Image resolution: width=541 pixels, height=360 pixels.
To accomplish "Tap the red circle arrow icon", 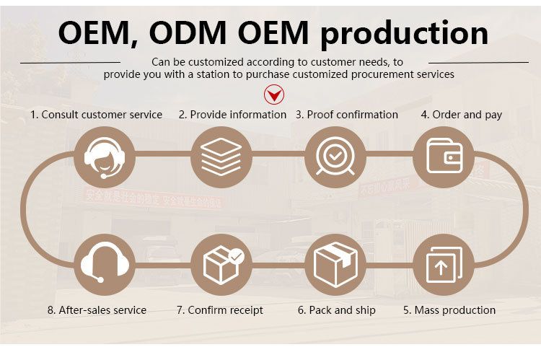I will (273, 94).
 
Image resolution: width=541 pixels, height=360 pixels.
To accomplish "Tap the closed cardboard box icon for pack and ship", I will (333, 263).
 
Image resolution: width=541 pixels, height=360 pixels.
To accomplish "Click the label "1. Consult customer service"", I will (96, 115).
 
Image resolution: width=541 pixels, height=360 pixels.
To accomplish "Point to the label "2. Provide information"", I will (232, 115).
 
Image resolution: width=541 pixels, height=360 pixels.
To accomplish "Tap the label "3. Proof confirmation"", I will (346, 115).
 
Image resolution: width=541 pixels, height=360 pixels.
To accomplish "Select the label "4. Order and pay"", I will (462, 115).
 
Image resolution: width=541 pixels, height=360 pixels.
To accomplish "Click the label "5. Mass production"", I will (449, 310).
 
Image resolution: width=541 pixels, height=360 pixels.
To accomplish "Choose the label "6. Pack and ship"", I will (335, 310).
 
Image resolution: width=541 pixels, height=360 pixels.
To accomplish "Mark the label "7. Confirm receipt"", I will (220, 310).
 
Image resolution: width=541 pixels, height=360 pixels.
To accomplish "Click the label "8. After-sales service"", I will (97, 310).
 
